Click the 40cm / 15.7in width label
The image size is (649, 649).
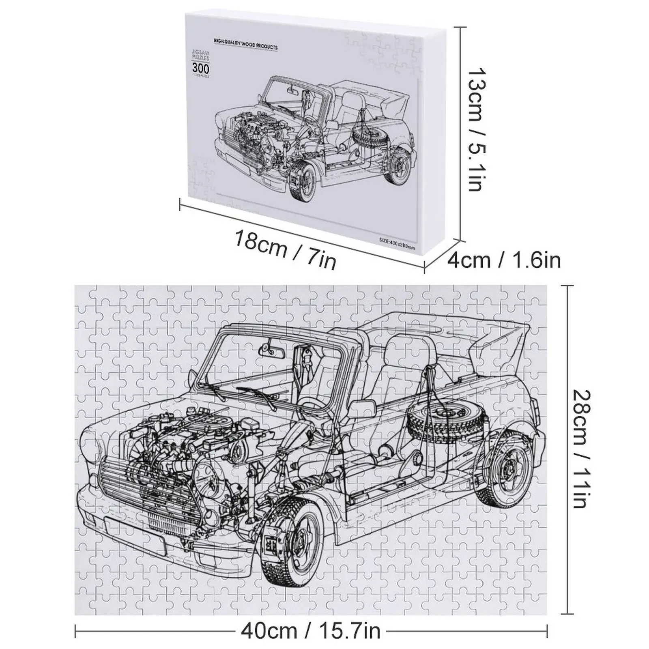tap(310, 631)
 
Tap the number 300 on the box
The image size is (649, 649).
tap(201, 68)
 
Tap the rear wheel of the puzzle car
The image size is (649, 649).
tap(506, 466)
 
